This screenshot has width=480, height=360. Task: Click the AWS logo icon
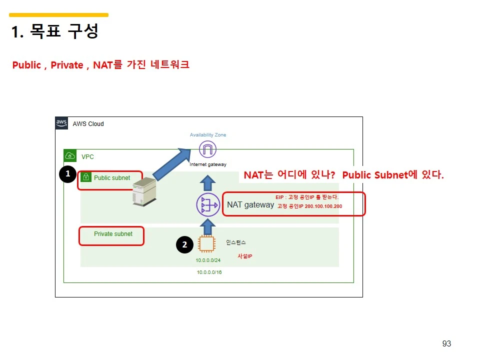[x=61, y=123]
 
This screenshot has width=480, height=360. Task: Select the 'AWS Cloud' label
[x=88, y=124]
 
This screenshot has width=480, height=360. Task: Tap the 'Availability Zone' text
[x=208, y=135]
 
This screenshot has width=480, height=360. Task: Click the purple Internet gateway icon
[x=207, y=149]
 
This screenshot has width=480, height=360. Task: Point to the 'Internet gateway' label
[x=208, y=164]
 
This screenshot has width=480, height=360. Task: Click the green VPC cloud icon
[x=70, y=156]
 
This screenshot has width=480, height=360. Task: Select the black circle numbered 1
[x=67, y=174]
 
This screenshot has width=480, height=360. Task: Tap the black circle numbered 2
[x=184, y=244]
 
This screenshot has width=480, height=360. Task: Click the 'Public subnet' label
[x=112, y=178]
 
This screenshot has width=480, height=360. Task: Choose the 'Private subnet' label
[x=113, y=234]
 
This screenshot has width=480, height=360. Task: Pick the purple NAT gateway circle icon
[x=207, y=205]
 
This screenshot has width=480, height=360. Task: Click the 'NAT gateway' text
[x=250, y=204]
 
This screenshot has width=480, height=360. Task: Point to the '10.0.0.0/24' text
[x=208, y=260]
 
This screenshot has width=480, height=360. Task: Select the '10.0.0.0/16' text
[x=209, y=272]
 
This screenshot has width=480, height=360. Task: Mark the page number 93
[x=446, y=343]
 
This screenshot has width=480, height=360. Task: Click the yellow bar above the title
[x=59, y=15]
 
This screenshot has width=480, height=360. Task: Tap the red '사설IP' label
[x=244, y=256]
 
